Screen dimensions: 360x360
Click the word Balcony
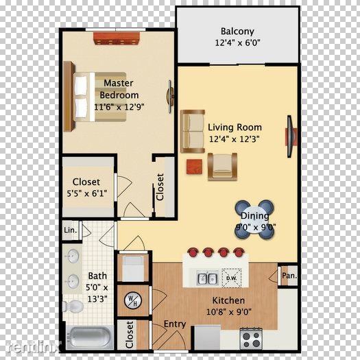(237, 32)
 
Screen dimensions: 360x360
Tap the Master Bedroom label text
(119, 89)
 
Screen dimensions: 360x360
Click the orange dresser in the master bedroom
(117, 39)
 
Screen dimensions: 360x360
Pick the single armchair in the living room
(222, 165)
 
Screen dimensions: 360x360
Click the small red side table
(194, 165)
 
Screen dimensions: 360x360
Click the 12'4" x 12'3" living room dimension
(235, 139)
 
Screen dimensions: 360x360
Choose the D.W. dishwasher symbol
(231, 278)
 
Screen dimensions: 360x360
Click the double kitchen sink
(207, 278)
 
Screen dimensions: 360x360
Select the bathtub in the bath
(90, 337)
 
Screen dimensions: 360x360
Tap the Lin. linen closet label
(69, 230)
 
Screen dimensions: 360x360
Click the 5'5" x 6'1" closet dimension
(87, 193)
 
